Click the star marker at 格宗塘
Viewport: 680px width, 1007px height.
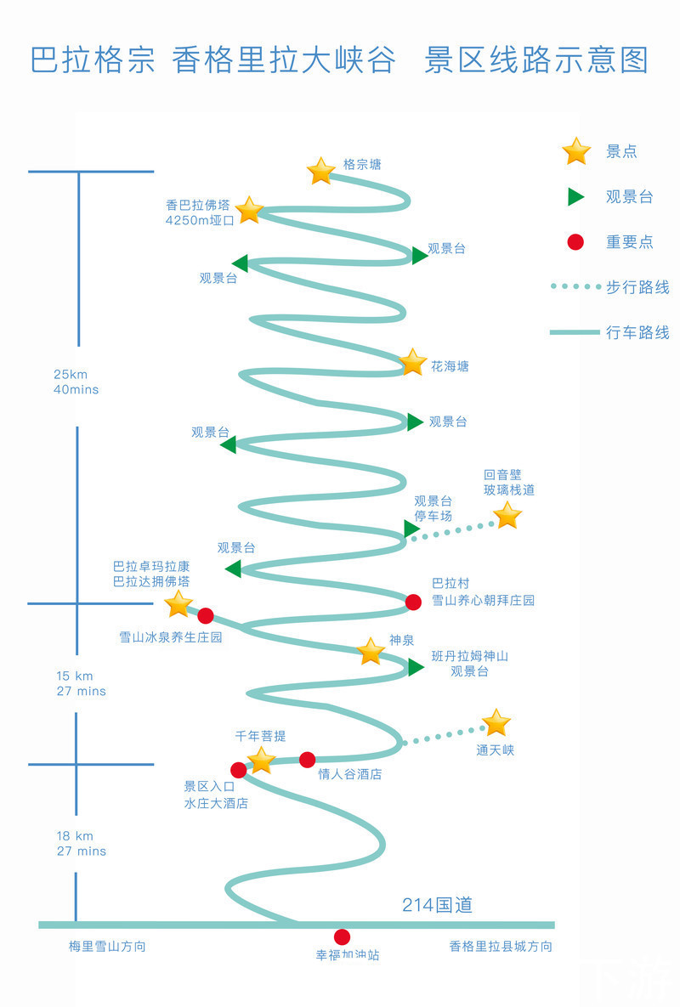tap(320, 171)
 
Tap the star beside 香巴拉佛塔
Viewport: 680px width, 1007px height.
tap(249, 210)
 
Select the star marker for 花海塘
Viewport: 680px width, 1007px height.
tap(412, 362)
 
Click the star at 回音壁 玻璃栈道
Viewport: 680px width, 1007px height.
tap(507, 515)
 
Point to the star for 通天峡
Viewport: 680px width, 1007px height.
tap(496, 723)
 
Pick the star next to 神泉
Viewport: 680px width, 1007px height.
tap(371, 652)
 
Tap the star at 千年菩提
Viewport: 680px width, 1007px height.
tap(261, 760)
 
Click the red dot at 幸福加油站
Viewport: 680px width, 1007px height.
tap(342, 936)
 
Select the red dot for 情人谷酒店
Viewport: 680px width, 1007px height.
tap(307, 759)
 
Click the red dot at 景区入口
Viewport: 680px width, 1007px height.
tap(238, 770)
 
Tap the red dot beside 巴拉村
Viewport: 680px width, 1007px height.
tap(413, 602)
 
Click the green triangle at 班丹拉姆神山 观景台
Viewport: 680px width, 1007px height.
tap(415, 667)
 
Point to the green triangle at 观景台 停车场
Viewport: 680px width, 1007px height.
tap(411, 529)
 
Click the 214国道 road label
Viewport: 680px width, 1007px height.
tap(437, 905)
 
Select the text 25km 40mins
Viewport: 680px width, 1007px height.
tap(76, 382)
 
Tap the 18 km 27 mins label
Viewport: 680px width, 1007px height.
tap(82, 843)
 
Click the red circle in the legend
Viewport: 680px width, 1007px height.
tap(575, 242)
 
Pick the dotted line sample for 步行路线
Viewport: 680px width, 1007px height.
tap(575, 286)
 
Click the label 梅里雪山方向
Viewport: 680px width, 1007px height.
tap(107, 946)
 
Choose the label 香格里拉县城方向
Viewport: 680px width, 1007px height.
tap(501, 946)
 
